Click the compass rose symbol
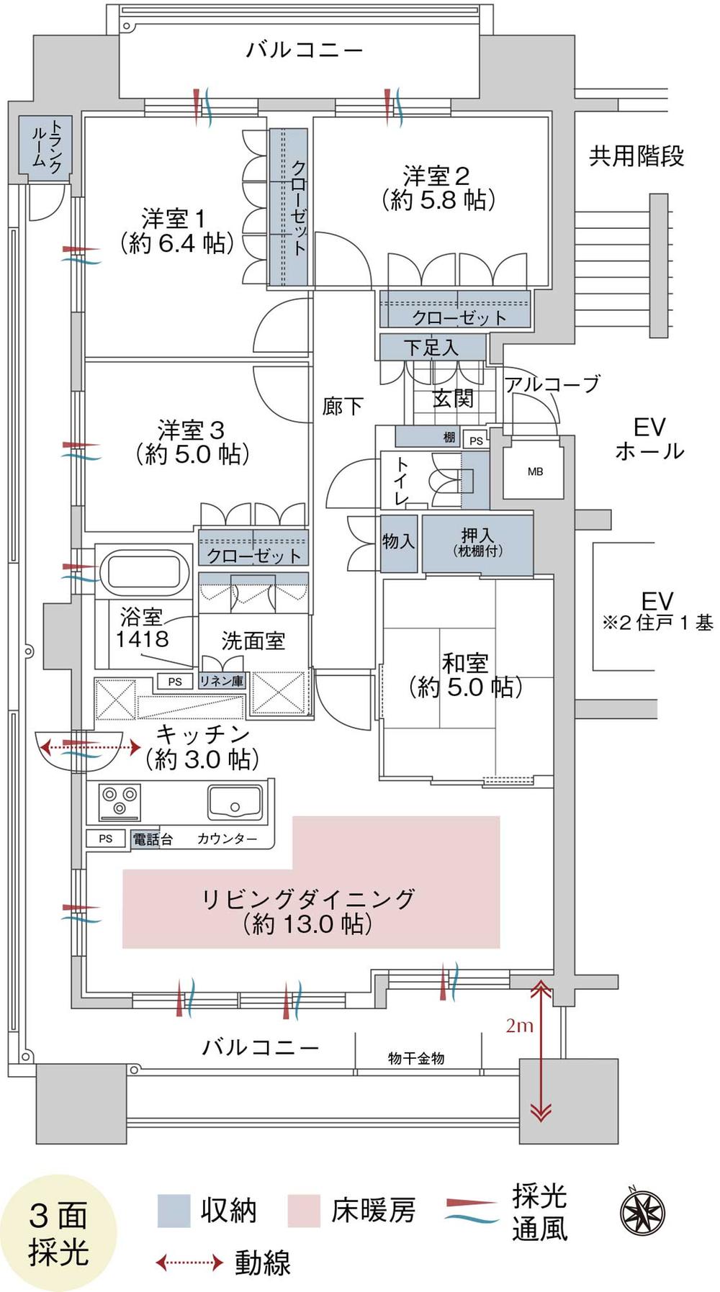tap(642, 1211)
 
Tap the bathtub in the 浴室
tap(145, 571)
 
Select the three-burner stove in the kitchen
tap(120, 801)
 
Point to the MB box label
tap(535, 472)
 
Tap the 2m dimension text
tap(519, 1025)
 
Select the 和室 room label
tap(465, 662)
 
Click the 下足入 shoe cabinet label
tap(431, 348)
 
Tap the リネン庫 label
tap(221, 680)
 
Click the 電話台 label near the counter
tap(152, 839)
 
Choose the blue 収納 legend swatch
tap(174, 1211)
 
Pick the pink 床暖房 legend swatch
tap(303, 1211)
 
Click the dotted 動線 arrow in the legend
tap(189, 1262)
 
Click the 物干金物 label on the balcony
tap(416, 1057)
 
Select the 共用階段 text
tap(636, 156)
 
